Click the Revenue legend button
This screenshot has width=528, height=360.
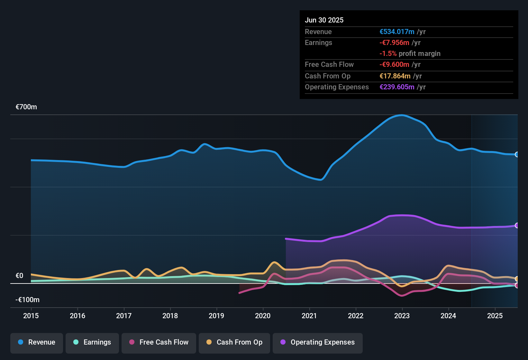coord(37,342)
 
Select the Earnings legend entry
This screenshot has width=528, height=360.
coord(92,342)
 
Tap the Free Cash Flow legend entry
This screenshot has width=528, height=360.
coord(159,342)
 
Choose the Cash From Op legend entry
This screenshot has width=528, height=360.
coord(234,342)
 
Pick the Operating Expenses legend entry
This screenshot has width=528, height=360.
coord(318,342)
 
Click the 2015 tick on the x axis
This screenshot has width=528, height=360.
coord(31,316)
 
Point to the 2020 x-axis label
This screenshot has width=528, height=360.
coord(263,316)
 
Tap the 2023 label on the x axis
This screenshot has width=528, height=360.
coord(402,316)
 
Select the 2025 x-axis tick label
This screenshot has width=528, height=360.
coord(495,316)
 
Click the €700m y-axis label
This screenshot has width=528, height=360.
coord(26,107)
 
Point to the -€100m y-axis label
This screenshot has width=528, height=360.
coord(27,300)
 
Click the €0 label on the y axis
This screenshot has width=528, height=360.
coord(19,276)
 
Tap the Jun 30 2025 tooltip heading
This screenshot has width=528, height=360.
coord(324,20)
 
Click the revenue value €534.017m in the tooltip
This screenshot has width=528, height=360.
coord(397,32)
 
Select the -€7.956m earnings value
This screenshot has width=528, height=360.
coord(394,43)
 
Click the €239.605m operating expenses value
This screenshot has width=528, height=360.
coord(397,87)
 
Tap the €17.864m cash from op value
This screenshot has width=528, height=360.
coord(395,76)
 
